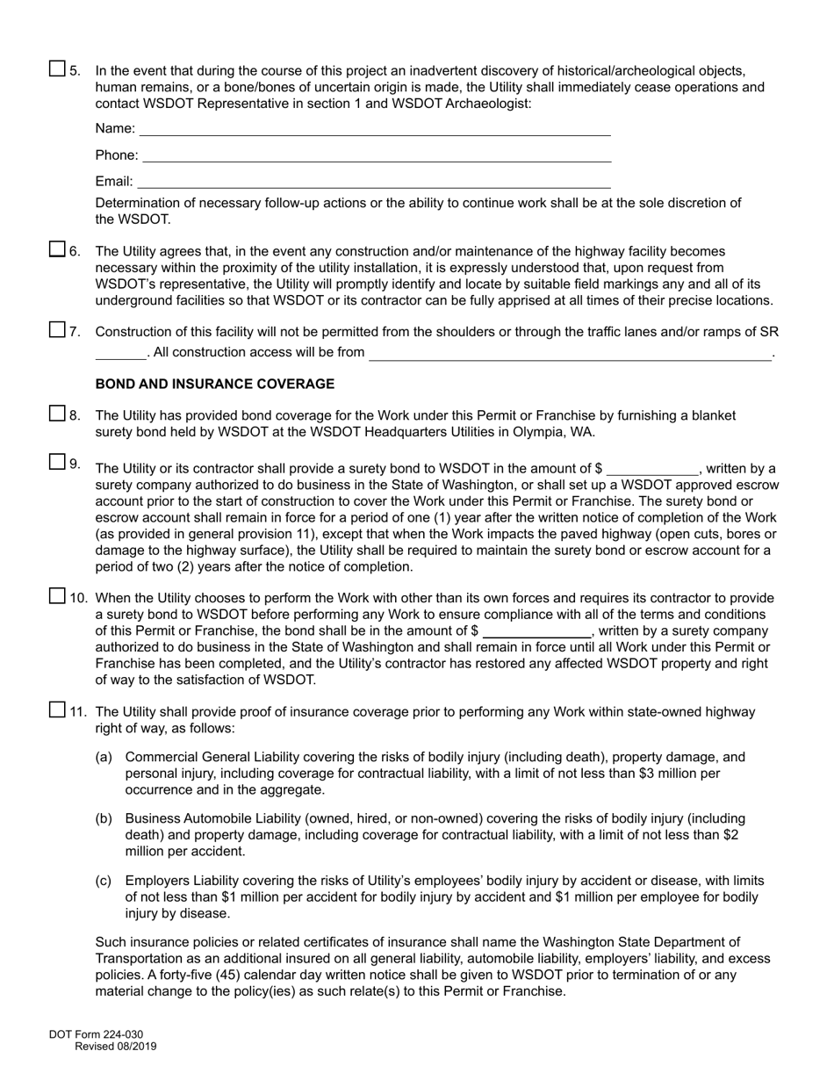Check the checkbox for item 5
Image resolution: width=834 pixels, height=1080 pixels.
(x=57, y=68)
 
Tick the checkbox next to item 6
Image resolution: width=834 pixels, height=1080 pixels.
(x=57, y=249)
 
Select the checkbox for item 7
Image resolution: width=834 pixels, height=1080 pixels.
(x=57, y=330)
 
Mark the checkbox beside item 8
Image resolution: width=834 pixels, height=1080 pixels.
(x=57, y=414)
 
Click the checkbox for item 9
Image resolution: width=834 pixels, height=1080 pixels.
(x=57, y=462)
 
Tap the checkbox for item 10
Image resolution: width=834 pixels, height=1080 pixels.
(x=57, y=596)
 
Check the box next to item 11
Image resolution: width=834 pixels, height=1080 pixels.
(x=57, y=710)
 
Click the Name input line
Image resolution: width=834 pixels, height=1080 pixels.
(x=375, y=129)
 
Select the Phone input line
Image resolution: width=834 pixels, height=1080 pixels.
(x=377, y=155)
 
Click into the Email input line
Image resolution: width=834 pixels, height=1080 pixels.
(x=374, y=182)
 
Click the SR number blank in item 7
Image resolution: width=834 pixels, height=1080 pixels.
(x=120, y=353)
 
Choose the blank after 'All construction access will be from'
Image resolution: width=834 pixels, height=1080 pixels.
(x=570, y=353)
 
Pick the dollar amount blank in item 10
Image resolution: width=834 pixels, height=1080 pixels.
(x=537, y=631)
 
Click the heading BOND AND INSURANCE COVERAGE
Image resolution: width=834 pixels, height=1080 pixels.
(x=214, y=385)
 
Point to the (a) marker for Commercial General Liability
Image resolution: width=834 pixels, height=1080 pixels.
(x=104, y=757)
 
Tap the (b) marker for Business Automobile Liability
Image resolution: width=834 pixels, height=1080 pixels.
(x=104, y=818)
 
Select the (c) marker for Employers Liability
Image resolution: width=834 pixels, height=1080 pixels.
(x=104, y=881)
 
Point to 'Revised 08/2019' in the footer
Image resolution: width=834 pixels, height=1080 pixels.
(x=115, y=1047)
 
